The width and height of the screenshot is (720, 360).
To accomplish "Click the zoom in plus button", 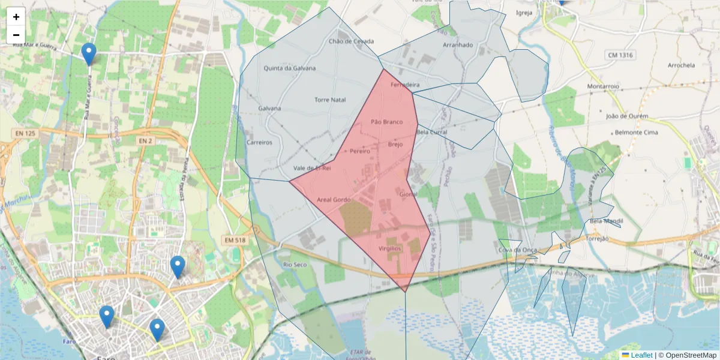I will [16, 17].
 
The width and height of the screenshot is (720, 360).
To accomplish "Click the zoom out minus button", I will [16, 35].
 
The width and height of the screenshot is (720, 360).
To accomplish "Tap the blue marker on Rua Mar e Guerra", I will [89, 54].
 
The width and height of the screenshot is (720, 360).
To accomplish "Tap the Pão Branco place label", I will [386, 122].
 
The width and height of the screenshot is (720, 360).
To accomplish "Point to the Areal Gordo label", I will [333, 199].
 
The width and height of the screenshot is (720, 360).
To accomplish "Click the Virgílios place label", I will [389, 248].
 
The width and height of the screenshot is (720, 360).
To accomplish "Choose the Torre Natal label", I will [330, 99].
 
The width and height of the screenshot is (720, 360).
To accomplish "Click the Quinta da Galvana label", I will [290, 68].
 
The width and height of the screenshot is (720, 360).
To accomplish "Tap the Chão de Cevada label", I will [351, 41].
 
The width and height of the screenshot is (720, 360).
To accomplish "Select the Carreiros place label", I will [260, 143].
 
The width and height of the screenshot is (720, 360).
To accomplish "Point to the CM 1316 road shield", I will [620, 55].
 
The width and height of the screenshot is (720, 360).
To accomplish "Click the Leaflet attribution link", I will [641, 355].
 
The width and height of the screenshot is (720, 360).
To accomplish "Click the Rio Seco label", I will [295, 264].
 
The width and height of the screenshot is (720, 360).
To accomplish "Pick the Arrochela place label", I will [681, 65].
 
